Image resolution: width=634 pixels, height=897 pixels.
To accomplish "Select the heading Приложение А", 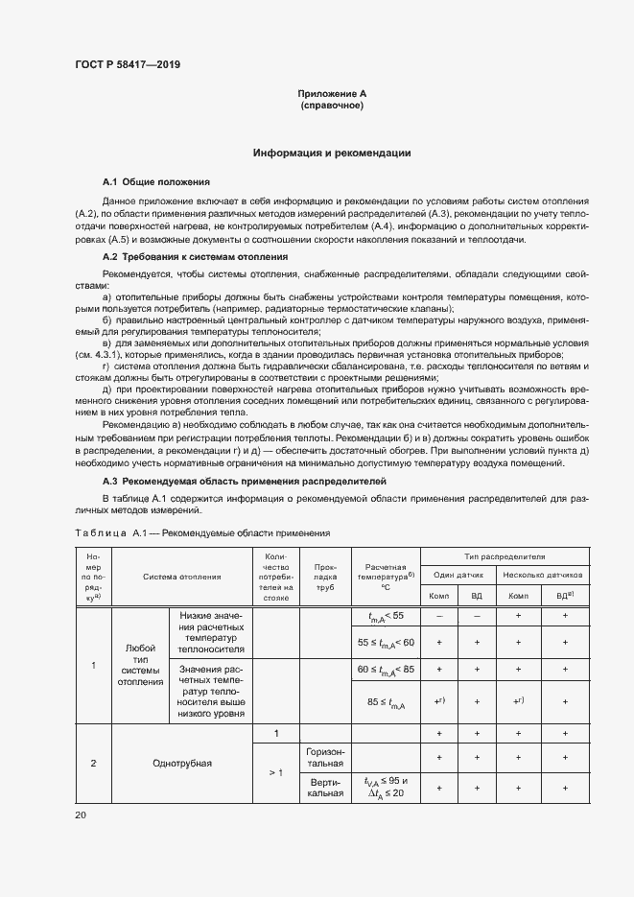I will point(332,93).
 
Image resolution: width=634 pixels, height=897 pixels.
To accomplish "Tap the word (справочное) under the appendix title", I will point(332,106).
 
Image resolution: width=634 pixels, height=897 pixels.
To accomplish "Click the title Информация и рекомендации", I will point(332,153).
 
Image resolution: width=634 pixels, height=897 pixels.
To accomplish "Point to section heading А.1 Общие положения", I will point(155,181).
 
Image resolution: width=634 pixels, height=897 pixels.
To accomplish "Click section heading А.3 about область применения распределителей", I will point(244,479).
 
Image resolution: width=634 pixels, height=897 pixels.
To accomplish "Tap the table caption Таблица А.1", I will point(201,532).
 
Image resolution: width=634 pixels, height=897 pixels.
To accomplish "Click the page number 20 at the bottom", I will point(80,815).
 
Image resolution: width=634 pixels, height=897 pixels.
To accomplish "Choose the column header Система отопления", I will point(182,577).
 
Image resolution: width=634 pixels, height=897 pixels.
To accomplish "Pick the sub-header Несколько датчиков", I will point(542,576).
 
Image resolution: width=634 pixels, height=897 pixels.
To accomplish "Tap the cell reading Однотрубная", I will point(182,764).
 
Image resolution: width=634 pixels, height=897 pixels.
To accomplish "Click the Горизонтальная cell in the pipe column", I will point(326,757).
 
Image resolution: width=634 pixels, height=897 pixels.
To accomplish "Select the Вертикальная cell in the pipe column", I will point(326,789).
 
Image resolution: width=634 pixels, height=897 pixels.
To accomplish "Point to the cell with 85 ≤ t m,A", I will point(386,702).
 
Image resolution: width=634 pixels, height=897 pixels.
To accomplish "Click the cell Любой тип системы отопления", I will point(140,664).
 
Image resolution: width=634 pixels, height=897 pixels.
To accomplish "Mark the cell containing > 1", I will point(275,772).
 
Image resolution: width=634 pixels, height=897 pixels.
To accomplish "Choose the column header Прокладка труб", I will point(326,577).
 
